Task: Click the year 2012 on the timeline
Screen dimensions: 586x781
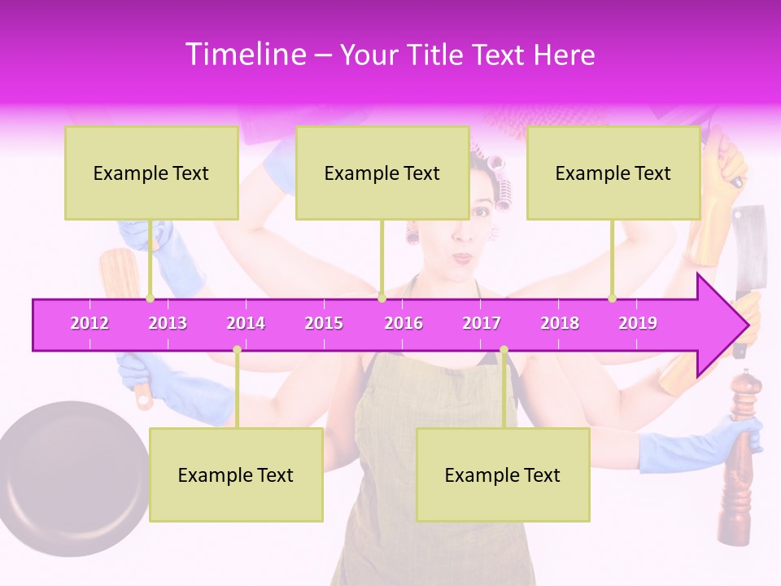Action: pos(89,323)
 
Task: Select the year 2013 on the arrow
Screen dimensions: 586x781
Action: pos(168,323)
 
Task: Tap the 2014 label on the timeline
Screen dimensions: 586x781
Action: pos(246,323)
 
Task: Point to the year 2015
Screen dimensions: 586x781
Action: pos(324,323)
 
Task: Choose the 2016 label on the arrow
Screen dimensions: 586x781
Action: pos(404,323)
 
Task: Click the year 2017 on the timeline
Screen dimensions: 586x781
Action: pos(482,323)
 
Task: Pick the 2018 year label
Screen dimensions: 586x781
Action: pos(560,323)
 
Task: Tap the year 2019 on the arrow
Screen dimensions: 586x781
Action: pos(638,323)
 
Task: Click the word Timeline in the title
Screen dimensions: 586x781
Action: pos(245,55)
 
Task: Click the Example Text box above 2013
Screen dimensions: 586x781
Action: pos(151,173)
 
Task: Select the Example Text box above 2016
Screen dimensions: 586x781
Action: pos(382,173)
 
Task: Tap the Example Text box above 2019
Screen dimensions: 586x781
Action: pos(613,173)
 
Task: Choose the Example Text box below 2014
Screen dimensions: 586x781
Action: pos(236,474)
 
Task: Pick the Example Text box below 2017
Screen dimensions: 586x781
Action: pos(503,474)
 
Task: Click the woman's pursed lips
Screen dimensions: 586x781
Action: pos(463,258)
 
